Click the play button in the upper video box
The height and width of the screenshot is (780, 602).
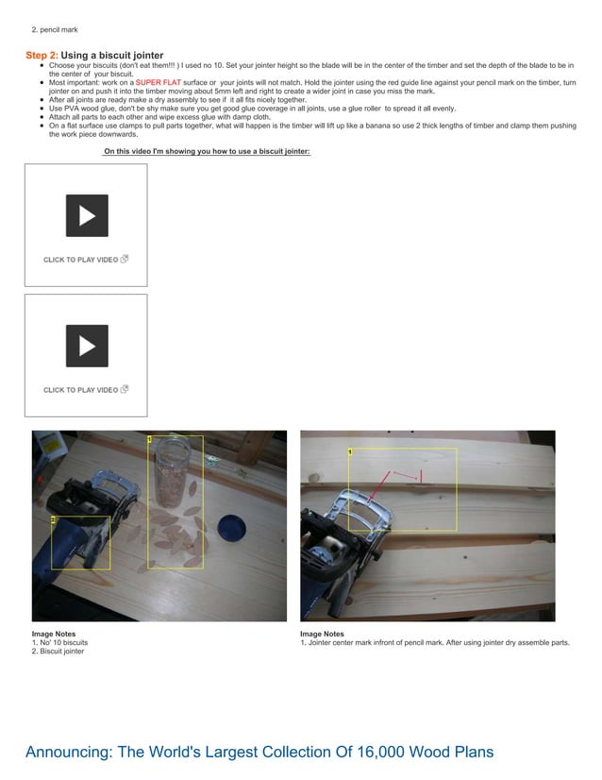pos(86,215)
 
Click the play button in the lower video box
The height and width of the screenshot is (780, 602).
pos(86,346)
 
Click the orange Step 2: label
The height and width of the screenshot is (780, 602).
pos(41,56)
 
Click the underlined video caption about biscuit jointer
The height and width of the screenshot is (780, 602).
pos(207,151)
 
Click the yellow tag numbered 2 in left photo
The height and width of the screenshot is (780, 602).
pos(54,519)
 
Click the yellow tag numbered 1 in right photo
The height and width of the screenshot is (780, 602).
pos(351,452)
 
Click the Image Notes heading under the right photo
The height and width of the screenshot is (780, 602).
pos(322,634)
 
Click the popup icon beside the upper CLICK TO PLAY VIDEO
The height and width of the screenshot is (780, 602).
pos(125,259)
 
